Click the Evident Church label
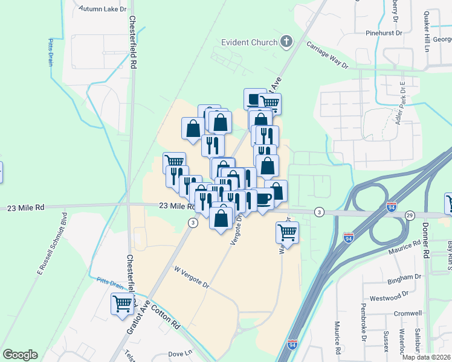tap(248, 42)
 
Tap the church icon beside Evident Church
tap(286, 42)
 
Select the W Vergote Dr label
tap(191, 277)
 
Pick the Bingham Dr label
tap(405, 277)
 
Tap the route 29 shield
tap(410, 215)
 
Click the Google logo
tap(20, 355)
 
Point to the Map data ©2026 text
tap(426, 357)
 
